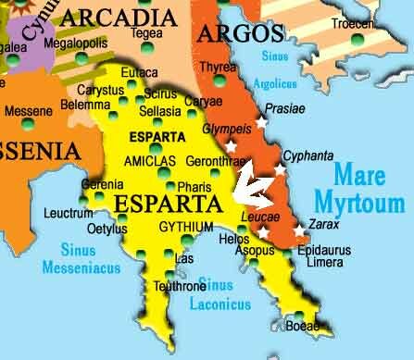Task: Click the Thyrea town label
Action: coord(219,67)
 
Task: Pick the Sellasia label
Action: coord(159,111)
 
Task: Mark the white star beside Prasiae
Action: coord(261,121)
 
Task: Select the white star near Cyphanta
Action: coord(281,170)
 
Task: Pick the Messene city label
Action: coord(29,111)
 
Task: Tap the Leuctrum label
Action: coord(69,214)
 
